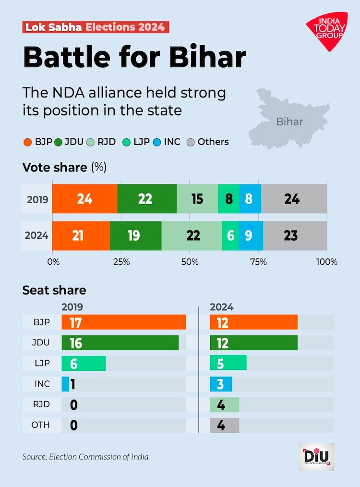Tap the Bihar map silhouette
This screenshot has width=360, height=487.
pos(288,118)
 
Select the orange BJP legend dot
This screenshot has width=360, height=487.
pos(27,142)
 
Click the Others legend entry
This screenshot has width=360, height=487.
pos(207,142)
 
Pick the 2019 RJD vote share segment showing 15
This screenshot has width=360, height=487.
pos(197,198)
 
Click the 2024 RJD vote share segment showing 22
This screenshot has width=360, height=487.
pos(192,235)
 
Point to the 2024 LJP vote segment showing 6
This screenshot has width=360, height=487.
pos(230,235)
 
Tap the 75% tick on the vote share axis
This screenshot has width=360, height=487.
pos(258,262)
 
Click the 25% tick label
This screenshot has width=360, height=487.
pos(121,262)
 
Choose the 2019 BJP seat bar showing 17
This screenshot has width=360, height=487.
pos(123,322)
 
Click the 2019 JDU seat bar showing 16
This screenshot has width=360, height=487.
pos(120,342)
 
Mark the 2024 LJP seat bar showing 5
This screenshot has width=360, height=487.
pos(228,363)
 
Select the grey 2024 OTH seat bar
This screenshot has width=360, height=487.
pos(224,426)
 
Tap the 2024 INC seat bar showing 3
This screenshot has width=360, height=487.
pos(221,384)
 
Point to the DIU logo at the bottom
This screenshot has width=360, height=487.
pos(316,456)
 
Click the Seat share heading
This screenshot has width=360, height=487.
pos(54,290)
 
